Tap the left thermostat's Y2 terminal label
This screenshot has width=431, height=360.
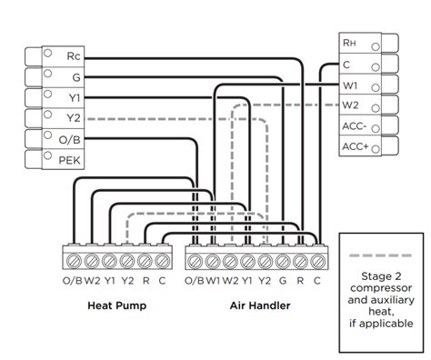click(x=75, y=117)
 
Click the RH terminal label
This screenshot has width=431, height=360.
click(x=349, y=42)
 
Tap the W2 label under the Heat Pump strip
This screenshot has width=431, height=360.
click(x=94, y=281)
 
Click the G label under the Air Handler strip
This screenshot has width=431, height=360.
click(x=283, y=281)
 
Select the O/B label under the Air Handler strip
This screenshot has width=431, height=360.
click(x=194, y=281)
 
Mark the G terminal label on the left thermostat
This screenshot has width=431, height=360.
click(x=75, y=76)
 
